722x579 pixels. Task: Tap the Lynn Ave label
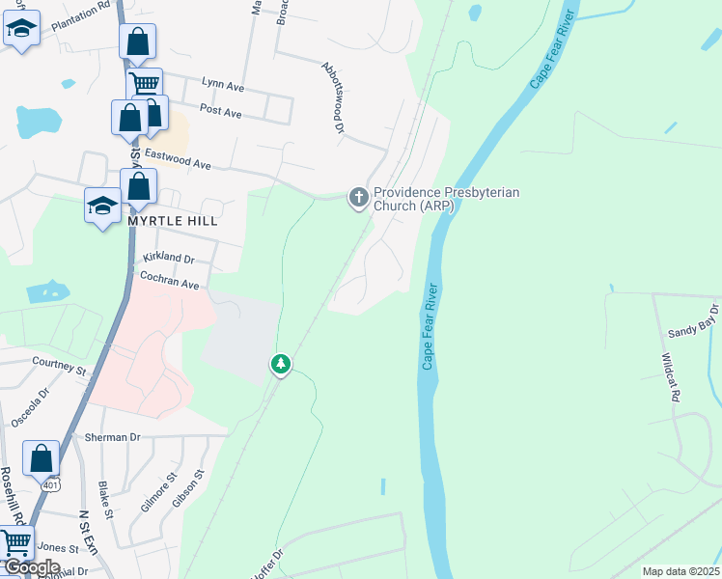tap(223, 86)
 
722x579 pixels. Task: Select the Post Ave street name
tap(220, 111)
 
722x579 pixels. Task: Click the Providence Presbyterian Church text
tap(446, 199)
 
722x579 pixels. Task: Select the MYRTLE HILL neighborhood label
tap(172, 221)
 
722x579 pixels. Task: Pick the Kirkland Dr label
tap(168, 259)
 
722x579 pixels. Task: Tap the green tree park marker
tap(280, 364)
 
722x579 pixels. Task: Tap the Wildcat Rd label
tap(671, 377)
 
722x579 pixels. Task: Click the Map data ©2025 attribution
tap(680, 571)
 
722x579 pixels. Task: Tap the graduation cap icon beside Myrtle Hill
tap(102, 205)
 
